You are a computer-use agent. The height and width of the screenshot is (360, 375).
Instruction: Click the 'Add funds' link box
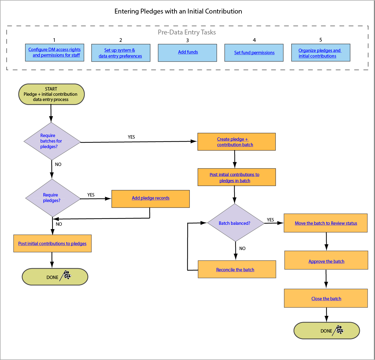coord(188,52)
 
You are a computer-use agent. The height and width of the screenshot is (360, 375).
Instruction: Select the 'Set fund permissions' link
coord(254,53)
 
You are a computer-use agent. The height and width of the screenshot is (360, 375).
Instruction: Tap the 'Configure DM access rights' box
coord(54,52)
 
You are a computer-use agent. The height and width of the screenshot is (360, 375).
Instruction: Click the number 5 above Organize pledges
coord(321,40)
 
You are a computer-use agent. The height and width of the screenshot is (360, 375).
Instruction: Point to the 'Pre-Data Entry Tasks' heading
coord(187,32)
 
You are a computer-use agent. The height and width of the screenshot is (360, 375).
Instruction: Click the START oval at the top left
coord(51,94)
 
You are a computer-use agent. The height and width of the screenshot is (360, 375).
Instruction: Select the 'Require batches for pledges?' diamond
coord(52,141)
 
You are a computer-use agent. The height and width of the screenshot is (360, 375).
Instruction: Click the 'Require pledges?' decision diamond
coord(52,198)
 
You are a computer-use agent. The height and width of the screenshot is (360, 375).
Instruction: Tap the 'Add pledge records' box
coord(150,198)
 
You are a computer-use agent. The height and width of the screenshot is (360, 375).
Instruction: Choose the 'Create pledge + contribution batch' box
coord(236,142)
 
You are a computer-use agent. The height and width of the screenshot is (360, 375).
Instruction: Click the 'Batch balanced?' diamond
coord(235,223)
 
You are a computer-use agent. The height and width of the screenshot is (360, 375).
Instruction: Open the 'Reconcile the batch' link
coord(235,270)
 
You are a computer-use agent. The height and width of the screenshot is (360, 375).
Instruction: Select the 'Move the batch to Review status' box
coord(325,223)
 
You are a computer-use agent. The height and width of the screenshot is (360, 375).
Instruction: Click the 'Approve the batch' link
coord(326,261)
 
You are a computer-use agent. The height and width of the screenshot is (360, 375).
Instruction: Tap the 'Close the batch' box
coord(326,298)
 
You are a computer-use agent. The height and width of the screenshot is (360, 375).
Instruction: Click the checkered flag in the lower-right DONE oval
coord(339,330)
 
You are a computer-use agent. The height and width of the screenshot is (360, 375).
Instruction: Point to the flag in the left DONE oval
coord(66,275)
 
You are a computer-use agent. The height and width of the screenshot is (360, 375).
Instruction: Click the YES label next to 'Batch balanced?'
coord(270,220)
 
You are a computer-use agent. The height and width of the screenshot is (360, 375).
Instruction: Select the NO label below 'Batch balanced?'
coord(242,249)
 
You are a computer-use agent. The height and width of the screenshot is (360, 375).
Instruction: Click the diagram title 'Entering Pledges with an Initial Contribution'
coord(178,11)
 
